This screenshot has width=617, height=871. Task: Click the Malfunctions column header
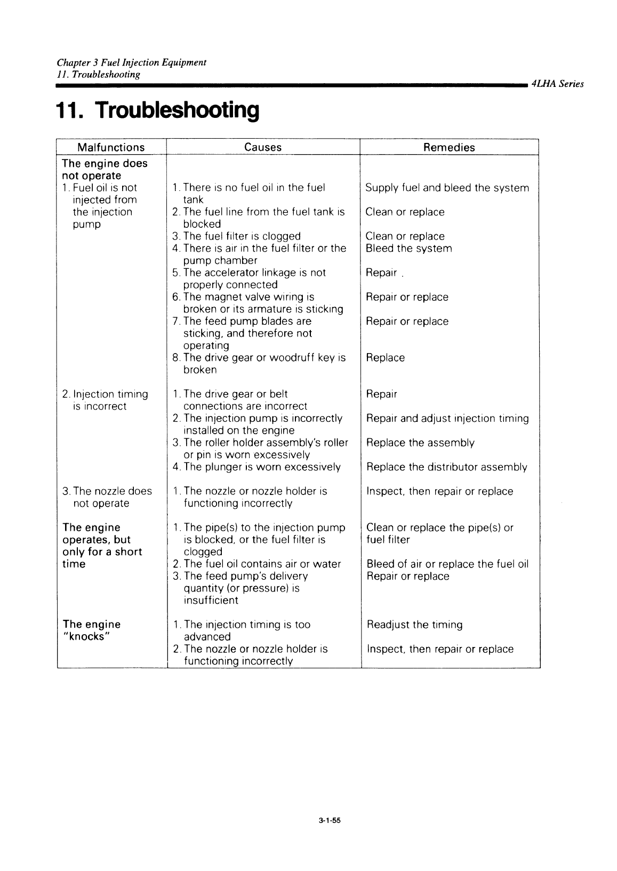tap(111, 148)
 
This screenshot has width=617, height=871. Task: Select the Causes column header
tap(263, 148)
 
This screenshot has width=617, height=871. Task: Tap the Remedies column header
tap(449, 148)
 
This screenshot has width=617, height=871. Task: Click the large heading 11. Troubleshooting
tap(158, 110)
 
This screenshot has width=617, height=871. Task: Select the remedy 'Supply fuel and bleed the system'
tap(447, 188)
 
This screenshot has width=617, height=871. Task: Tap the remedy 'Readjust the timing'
tap(415, 625)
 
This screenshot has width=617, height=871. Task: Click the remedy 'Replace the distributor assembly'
tap(447, 467)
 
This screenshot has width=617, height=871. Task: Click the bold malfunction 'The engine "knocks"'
tap(91, 630)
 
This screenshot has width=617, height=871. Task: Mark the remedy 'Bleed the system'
tap(408, 249)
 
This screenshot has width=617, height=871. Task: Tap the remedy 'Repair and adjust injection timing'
tap(447, 419)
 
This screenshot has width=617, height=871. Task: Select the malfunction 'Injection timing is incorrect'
tap(105, 400)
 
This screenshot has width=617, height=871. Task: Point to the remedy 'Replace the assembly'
tap(420, 443)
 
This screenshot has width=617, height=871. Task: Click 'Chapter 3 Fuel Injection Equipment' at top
tap(132, 62)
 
